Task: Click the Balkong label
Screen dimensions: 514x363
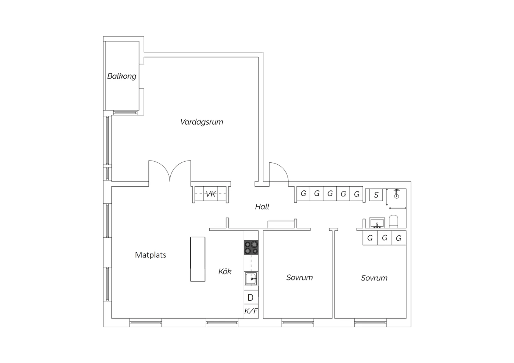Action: (122, 76)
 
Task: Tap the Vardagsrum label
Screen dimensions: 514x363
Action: (202, 122)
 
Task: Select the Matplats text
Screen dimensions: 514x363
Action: (150, 255)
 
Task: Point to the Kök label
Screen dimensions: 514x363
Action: (225, 272)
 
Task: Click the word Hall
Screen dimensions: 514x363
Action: (262, 207)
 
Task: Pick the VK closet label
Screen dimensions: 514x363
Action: (211, 194)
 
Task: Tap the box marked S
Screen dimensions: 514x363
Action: (376, 195)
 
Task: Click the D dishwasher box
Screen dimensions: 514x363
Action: (251, 297)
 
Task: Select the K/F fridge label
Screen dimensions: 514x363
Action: (251, 311)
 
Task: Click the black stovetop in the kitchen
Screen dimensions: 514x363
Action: (251, 248)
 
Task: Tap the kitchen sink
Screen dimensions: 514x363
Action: (251, 279)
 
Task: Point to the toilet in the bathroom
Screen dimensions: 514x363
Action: (393, 222)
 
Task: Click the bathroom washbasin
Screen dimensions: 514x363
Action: (377, 223)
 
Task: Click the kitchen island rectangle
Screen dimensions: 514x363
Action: (198, 259)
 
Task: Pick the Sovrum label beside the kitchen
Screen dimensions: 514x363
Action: (299, 278)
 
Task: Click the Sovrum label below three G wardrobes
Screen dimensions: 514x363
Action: (374, 278)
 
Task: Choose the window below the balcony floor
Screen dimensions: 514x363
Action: (125, 113)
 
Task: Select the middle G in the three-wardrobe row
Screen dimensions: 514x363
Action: (384, 238)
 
